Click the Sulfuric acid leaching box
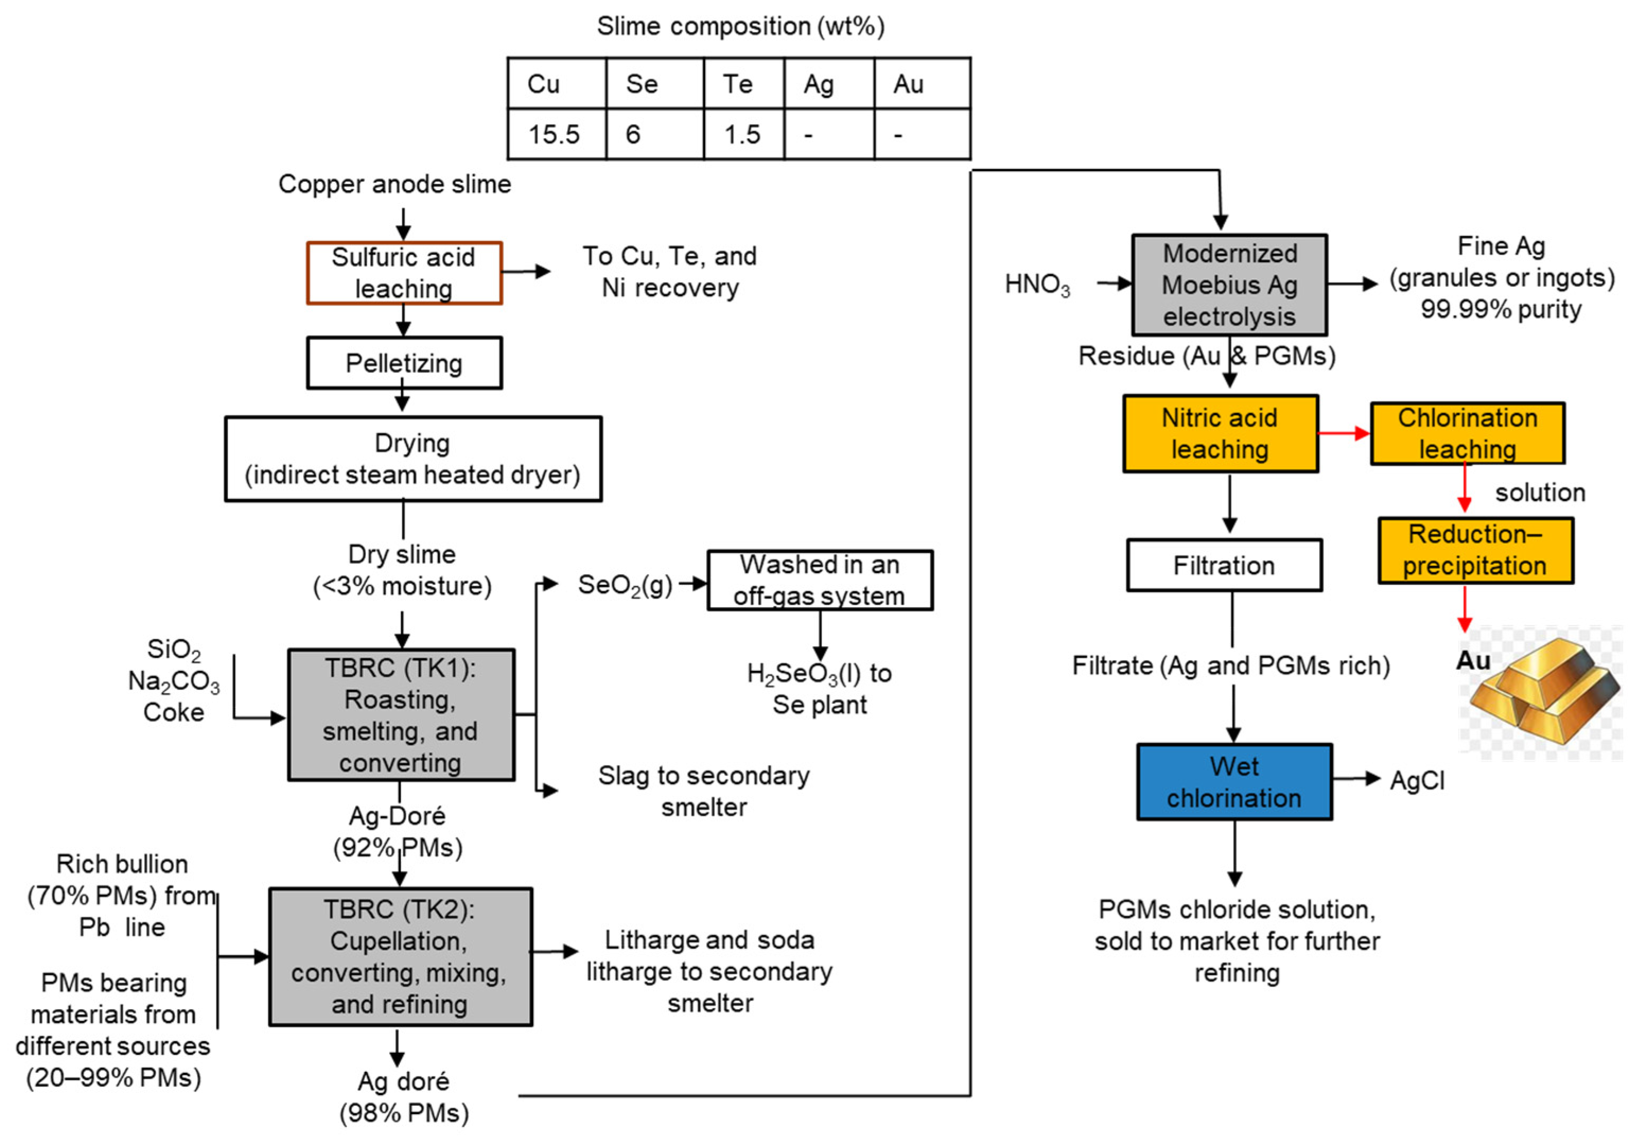coord(405,272)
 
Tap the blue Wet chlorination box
coord(1234,781)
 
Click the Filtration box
coord(1224,565)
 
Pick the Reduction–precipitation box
coord(1475,550)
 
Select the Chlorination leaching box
coord(1468,433)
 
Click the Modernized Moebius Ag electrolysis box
coord(1229,284)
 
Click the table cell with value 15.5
coord(557,134)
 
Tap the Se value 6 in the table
coord(655,134)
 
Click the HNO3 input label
coord(1038,284)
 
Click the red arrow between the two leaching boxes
coord(1345,433)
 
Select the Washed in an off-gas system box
coord(820,580)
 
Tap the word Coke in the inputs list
coord(173,712)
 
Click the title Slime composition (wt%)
coord(741,26)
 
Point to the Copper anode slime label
coord(395,184)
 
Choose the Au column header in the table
coord(922,84)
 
